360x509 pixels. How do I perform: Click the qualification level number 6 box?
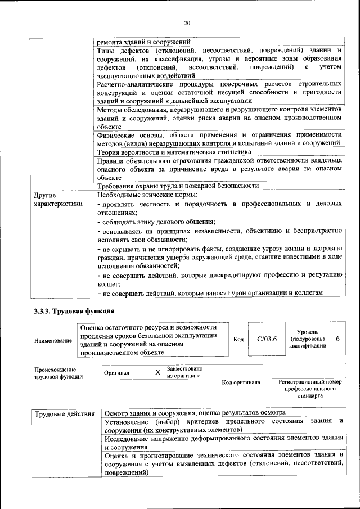point(337,339)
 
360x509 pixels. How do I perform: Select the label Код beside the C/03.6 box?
point(238,340)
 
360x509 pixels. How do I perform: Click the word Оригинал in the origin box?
point(116,372)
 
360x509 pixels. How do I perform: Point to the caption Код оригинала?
point(241,383)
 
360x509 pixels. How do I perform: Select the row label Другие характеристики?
point(58,200)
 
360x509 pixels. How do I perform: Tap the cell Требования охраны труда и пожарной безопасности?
point(178,186)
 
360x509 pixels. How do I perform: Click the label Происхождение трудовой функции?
point(56,373)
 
